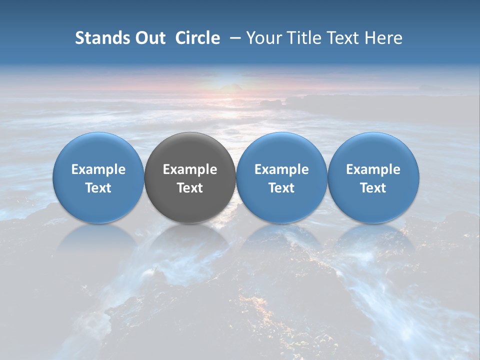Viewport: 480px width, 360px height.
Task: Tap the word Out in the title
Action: pyautogui.click(x=149, y=38)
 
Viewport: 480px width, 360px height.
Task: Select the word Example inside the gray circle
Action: pyautogui.click(x=190, y=169)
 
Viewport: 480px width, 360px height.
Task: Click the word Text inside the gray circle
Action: pyautogui.click(x=190, y=188)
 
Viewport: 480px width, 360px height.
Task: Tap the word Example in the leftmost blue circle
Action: pyautogui.click(x=98, y=169)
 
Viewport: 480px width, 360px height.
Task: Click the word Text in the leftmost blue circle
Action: pyautogui.click(x=98, y=188)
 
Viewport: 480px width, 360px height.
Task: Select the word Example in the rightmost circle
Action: pyautogui.click(x=373, y=169)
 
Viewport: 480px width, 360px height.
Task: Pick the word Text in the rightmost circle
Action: pyautogui.click(x=373, y=188)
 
